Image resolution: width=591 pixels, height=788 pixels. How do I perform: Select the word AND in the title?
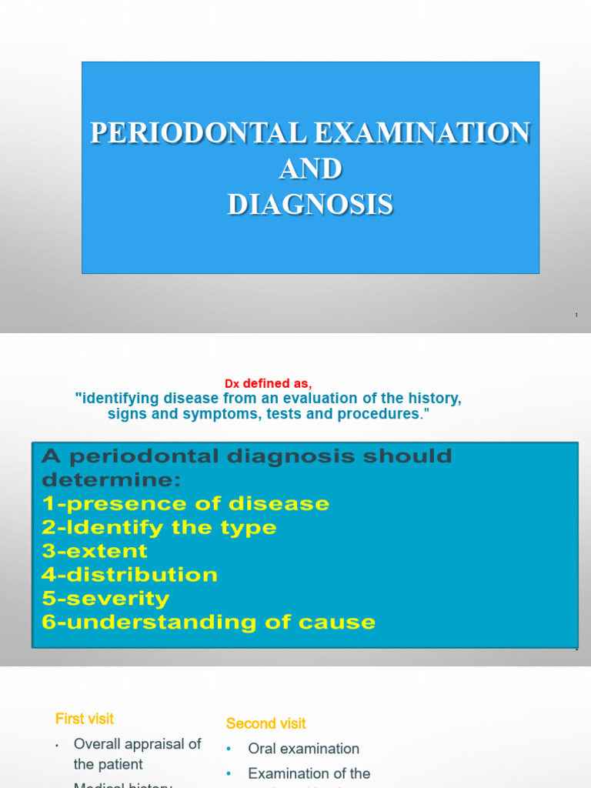tap(310, 169)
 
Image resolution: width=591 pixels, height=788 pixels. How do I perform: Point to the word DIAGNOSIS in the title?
tap(310, 205)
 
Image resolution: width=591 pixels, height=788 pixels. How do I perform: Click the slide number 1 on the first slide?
tap(576, 316)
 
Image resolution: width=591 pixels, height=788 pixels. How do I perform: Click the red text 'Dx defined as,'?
tap(268, 383)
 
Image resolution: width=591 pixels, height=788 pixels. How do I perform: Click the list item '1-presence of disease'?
tap(185, 504)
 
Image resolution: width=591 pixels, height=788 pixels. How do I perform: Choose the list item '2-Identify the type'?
tap(159, 528)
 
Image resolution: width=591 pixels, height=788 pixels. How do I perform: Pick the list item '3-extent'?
tap(95, 552)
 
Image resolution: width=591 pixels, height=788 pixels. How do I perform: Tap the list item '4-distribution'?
tap(130, 575)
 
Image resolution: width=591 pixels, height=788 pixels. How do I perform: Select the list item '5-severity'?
tap(106, 599)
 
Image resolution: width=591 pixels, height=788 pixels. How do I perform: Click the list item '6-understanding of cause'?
tap(209, 623)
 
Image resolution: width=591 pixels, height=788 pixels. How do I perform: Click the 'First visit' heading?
tap(84, 719)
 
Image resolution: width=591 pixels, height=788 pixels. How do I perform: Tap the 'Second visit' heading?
tap(265, 723)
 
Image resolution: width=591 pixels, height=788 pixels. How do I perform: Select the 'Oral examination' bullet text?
tap(303, 749)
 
